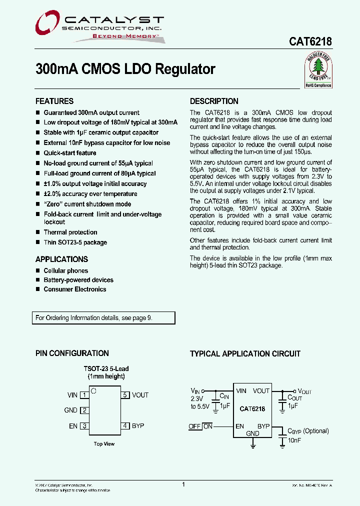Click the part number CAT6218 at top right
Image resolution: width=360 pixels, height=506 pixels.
pyautogui.click(x=310, y=43)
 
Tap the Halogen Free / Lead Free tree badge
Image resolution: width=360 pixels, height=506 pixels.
pyautogui.click(x=318, y=70)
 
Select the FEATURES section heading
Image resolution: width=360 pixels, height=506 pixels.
pyautogui.click(x=54, y=101)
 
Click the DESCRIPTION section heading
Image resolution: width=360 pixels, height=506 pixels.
pyautogui.click(x=214, y=101)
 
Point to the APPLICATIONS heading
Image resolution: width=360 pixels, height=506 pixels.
pyautogui.click(x=61, y=259)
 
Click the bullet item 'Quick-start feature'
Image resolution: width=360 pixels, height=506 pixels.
pyautogui.click(x=69, y=153)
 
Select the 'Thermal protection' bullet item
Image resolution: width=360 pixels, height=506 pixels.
pyautogui.click(x=70, y=232)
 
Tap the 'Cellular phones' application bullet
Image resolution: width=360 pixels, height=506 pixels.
pyautogui.click(x=65, y=270)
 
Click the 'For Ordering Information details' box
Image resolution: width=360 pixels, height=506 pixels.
pyautogui.click(x=105, y=318)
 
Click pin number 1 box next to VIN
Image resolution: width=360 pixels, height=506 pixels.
pyautogui.click(x=84, y=395)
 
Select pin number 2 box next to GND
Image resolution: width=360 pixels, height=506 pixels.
pyautogui.click(x=84, y=410)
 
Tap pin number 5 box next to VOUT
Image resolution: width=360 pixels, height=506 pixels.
pyautogui.click(x=125, y=395)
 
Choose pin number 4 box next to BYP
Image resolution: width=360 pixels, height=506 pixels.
pyautogui.click(x=125, y=426)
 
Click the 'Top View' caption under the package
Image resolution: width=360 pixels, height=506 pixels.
pyautogui.click(x=104, y=444)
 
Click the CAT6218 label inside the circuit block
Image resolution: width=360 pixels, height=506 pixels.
pyautogui.click(x=252, y=409)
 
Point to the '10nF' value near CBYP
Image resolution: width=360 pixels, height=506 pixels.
pyautogui.click(x=294, y=440)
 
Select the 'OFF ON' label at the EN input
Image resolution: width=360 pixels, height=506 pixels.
pyautogui.click(x=200, y=426)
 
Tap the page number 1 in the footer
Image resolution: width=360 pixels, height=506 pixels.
pyautogui.click(x=183, y=484)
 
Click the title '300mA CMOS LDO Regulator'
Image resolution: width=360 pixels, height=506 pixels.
pyautogui.click(x=125, y=69)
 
